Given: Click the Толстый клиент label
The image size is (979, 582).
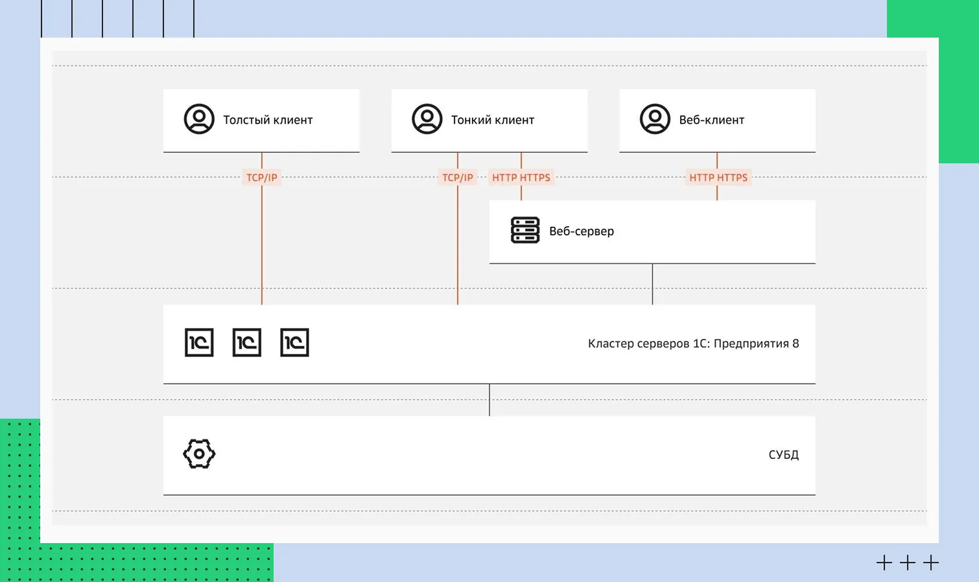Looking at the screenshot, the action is (268, 120).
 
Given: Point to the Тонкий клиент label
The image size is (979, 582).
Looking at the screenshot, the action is (493, 120).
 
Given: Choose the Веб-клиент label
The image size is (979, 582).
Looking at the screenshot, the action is (711, 120).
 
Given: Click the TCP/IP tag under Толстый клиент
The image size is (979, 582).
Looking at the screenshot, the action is (262, 178).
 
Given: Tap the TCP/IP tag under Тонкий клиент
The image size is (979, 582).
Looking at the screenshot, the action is (458, 178).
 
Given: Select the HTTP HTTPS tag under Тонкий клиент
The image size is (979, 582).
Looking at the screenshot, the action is (521, 178).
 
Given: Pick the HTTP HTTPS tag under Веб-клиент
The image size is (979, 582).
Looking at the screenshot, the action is (718, 178).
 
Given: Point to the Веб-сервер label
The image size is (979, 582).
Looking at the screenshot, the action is (582, 231).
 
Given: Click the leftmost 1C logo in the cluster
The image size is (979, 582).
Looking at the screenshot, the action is (199, 343).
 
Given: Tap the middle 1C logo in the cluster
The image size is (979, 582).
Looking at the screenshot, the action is (247, 343).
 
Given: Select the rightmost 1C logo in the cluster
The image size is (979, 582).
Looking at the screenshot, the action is (294, 343).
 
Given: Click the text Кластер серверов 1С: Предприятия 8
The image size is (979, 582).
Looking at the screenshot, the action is (693, 343).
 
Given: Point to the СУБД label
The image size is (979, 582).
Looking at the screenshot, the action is (784, 455).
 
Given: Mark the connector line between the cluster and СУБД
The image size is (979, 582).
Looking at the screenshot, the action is (489, 400).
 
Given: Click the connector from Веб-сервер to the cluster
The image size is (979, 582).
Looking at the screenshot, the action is (652, 284).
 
